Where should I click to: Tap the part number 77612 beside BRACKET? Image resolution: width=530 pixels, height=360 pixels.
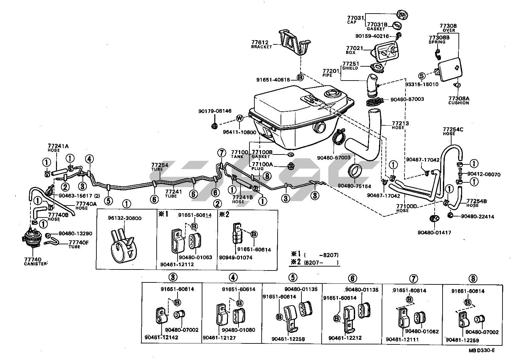pyautogui.click(x=259, y=42)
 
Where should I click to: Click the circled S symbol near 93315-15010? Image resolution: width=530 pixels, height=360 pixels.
pyautogui.click(x=421, y=76)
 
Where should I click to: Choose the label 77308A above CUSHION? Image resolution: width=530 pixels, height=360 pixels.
pyautogui.click(x=458, y=98)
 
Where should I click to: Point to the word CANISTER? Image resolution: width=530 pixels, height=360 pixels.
pyautogui.click(x=35, y=264)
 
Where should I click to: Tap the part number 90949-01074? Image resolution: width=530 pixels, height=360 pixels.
pyautogui.click(x=236, y=258)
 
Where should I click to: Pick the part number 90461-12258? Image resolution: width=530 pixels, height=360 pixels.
pyautogui.click(x=288, y=339)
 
